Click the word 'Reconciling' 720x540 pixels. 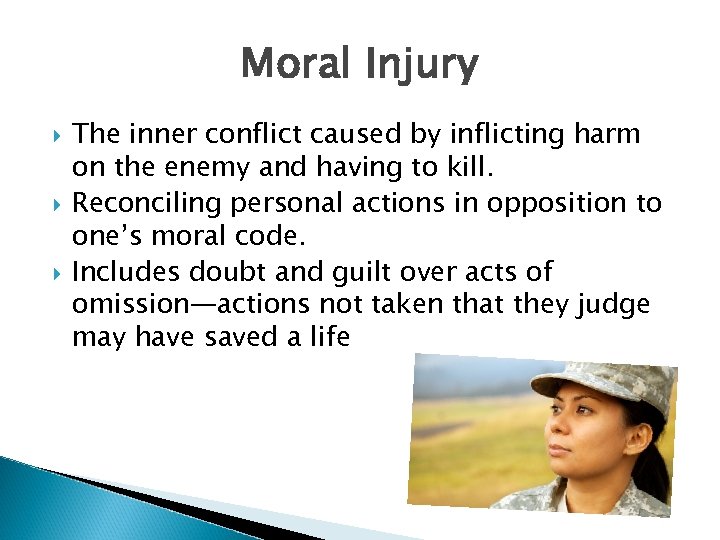147,203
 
